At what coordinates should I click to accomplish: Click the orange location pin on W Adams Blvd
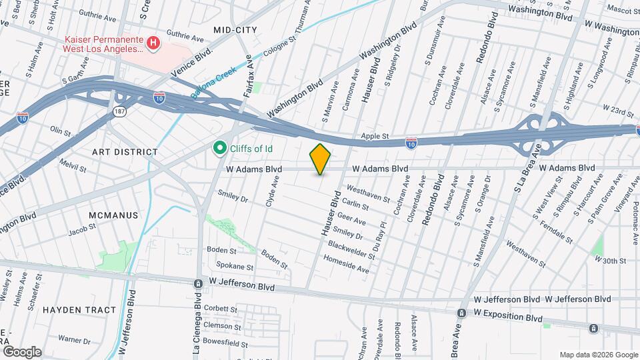(321, 159)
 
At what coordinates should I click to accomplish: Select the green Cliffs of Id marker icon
(218, 148)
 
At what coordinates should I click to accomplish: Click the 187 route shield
(119, 109)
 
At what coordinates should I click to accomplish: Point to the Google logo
(21, 351)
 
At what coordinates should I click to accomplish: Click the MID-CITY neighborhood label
(230, 30)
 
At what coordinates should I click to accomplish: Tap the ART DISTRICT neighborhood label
(125, 152)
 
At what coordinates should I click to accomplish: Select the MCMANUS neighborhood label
(113, 215)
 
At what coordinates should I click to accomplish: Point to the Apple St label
(375, 136)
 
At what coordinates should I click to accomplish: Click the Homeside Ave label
(346, 264)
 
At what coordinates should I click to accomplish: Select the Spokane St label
(235, 267)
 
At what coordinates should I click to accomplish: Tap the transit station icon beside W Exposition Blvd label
(461, 313)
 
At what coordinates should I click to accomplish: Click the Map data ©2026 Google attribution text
(598, 355)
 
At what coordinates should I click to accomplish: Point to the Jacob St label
(83, 231)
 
